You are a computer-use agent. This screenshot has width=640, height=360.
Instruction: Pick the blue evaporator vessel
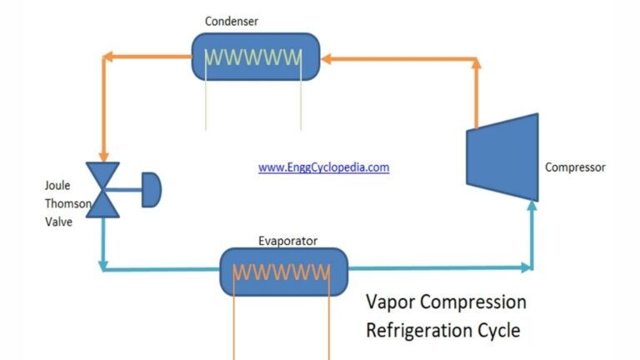tap(229, 272)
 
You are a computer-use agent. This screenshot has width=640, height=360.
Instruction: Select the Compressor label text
tap(575, 167)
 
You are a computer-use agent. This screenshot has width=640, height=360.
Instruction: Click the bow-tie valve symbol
tap(104, 190)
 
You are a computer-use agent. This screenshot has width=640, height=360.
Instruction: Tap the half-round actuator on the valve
tap(152, 190)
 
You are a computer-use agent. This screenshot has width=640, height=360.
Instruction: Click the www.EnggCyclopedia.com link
tap(323, 167)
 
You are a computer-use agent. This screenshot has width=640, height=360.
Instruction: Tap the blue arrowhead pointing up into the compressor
tap(531, 207)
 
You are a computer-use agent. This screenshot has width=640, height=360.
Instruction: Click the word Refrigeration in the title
tap(421, 330)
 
